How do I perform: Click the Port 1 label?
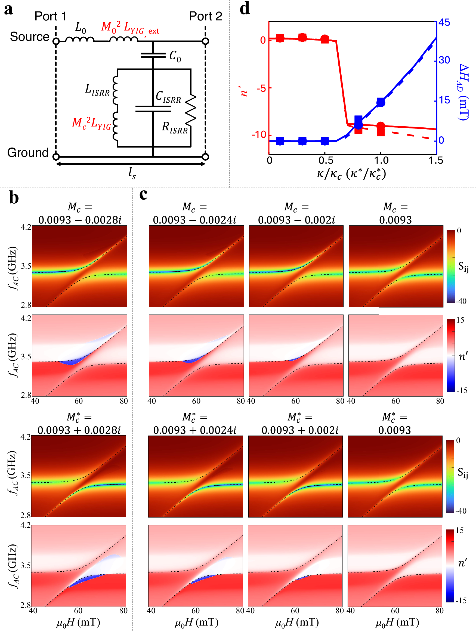pos(50,16)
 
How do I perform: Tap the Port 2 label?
pos(206,16)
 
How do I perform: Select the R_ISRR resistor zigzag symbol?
pos(191,110)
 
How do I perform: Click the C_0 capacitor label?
pos(175,56)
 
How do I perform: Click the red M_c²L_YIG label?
pos(91,123)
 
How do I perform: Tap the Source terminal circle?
pos(56,41)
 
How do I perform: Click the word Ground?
pos(28,153)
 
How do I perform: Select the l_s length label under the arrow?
pos(132,173)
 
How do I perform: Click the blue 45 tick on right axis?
pos(444,22)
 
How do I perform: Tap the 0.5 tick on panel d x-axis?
pos(326,161)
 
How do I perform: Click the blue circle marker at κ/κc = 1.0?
pos(381,102)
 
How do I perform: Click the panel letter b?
pos(14,197)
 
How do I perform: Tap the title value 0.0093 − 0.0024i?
pos(194,220)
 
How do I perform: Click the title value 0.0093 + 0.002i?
pos(300,430)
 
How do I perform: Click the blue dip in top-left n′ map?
pos(70,363)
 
